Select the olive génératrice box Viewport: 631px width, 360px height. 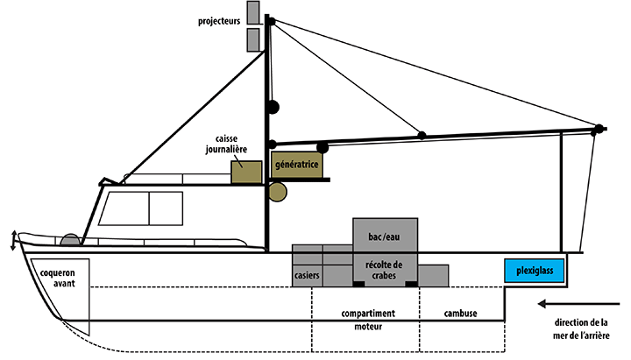(296, 164)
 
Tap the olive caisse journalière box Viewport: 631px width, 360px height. (246, 172)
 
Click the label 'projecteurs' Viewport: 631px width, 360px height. (216, 18)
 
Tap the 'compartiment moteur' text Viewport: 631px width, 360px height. (366, 320)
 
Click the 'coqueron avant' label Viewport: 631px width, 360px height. (58, 278)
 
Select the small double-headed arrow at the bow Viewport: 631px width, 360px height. (12, 240)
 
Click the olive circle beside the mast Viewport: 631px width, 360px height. (278, 192)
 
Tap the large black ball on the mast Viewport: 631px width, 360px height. (273, 107)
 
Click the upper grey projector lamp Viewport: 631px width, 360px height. (253, 12)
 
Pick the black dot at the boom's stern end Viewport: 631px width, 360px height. (599, 130)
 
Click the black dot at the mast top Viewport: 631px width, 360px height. (272, 20)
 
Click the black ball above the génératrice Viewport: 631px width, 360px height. (323, 146)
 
